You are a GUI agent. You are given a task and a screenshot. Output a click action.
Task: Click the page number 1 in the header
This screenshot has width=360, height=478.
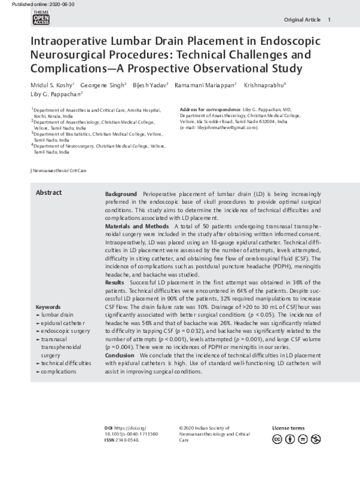point(329,20)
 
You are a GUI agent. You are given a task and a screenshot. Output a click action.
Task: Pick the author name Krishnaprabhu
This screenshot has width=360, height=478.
point(264,85)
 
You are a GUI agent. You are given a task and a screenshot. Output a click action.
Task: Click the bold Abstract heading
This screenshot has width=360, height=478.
point(48,193)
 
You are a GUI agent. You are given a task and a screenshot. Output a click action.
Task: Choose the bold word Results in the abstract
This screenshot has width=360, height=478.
point(115,281)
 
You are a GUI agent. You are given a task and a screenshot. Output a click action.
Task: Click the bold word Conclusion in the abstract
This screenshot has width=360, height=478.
point(119,355)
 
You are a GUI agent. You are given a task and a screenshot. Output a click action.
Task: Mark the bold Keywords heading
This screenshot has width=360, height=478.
point(48,306)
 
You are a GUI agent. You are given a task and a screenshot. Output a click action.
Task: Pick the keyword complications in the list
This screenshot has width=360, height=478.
point(59,372)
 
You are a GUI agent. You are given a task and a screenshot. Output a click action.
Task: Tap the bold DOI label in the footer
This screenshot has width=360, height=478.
point(109,428)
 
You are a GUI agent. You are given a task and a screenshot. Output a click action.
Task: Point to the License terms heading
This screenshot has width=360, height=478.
point(288,428)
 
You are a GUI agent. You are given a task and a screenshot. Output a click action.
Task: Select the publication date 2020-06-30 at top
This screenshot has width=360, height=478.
point(46,4)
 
